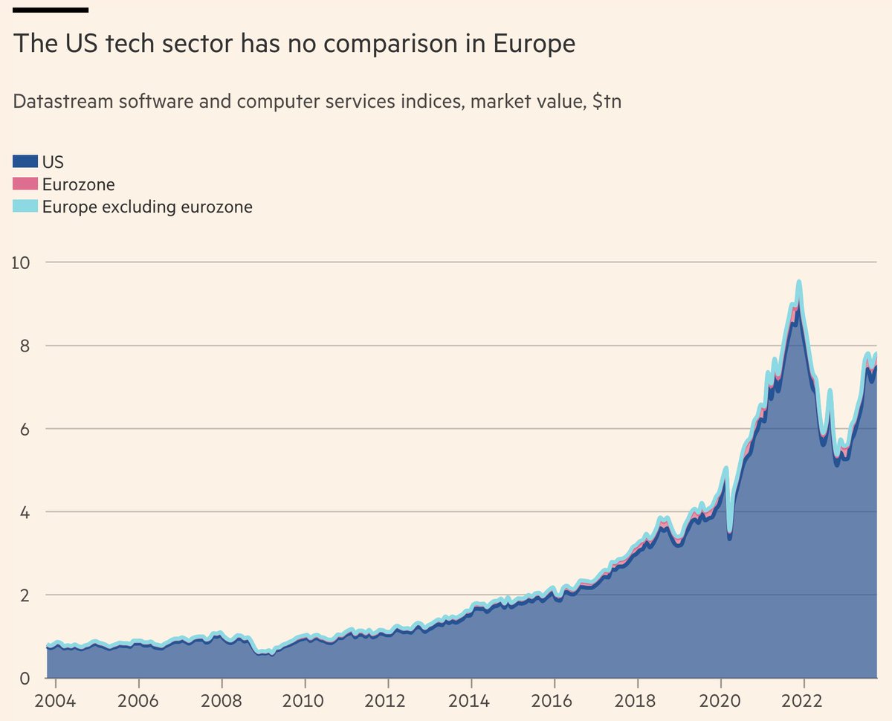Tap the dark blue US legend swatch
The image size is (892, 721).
pyautogui.click(x=25, y=161)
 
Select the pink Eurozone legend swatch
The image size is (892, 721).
pyautogui.click(x=25, y=184)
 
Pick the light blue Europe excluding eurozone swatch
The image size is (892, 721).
pyautogui.click(x=25, y=207)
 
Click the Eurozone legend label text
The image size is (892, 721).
pyautogui.click(x=78, y=184)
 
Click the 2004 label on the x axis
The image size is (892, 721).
pyautogui.click(x=56, y=702)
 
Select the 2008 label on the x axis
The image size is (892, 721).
pyautogui.click(x=222, y=702)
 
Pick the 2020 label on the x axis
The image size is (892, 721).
pyautogui.click(x=720, y=702)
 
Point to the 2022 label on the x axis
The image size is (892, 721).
pyautogui.click(x=804, y=702)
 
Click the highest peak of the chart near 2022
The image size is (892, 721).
pyautogui.click(x=799, y=282)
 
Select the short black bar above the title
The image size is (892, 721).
pyautogui.click(x=51, y=10)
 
